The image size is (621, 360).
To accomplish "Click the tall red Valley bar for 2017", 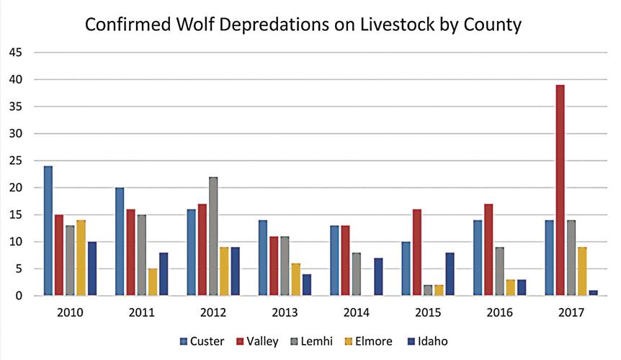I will point(560,190).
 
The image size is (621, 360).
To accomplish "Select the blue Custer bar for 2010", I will point(48,230).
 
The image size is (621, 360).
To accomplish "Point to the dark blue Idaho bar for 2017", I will point(592,292).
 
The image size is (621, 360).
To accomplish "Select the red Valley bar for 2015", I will point(416,252).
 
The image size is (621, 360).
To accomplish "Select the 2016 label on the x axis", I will point(500,313).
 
